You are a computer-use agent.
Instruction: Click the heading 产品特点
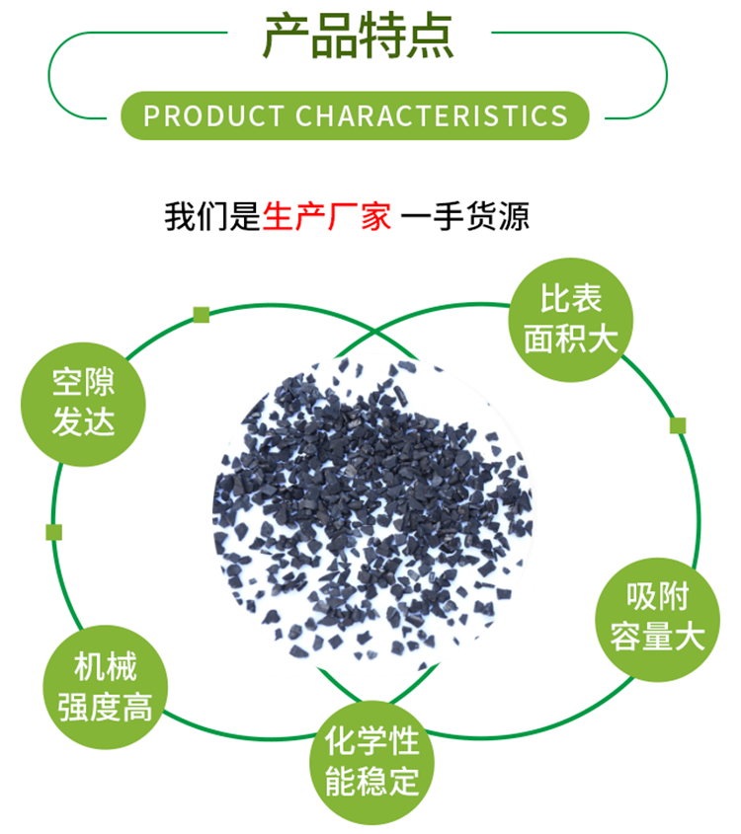(x=358, y=37)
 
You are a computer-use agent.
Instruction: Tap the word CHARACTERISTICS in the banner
(x=432, y=115)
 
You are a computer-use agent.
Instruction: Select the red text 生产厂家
(x=327, y=216)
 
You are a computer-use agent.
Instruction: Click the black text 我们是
(x=212, y=216)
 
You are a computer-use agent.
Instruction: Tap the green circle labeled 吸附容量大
(x=657, y=617)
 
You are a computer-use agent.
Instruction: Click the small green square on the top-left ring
(x=202, y=315)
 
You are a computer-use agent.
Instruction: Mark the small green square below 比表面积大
(x=678, y=425)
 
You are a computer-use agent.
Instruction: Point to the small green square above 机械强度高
(x=54, y=532)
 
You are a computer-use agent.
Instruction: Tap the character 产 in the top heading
(x=286, y=37)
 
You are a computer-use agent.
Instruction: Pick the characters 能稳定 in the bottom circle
(x=372, y=781)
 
